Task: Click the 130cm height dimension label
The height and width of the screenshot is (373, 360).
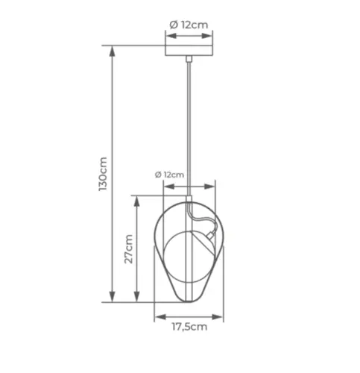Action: [103, 174]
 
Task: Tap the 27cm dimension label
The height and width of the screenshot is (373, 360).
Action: [128, 249]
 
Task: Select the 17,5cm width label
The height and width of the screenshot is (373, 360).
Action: [189, 327]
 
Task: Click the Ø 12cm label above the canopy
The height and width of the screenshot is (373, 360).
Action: [189, 25]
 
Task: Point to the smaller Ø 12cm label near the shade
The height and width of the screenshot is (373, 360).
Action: [169, 175]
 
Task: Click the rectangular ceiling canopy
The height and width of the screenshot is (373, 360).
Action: [189, 51]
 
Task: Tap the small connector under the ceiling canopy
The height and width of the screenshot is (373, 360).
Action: [189, 59]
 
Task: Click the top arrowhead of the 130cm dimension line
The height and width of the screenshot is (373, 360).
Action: [113, 51]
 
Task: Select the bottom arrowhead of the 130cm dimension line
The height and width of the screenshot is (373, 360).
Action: [113, 297]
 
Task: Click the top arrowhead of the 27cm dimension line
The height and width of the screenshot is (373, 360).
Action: [136, 201]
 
